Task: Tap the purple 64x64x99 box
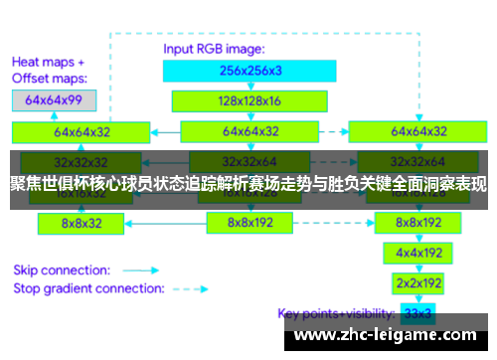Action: [x=55, y=99]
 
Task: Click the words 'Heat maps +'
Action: [x=47, y=61]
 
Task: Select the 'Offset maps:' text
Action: [x=48, y=78]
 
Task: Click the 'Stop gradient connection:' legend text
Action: [x=88, y=289]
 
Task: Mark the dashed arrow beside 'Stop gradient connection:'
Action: [x=189, y=289]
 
